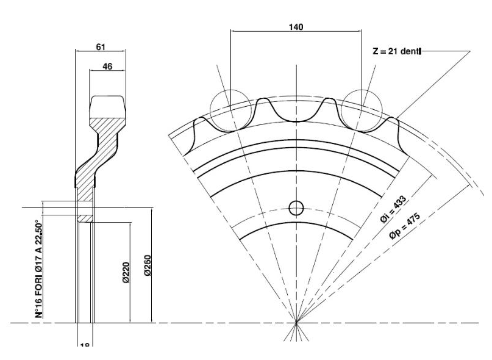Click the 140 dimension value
coord(296,27)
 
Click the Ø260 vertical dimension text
coord(147,268)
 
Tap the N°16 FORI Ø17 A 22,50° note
coord(40,268)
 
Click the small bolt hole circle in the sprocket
coord(296,208)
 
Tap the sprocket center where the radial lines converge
coord(296,322)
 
